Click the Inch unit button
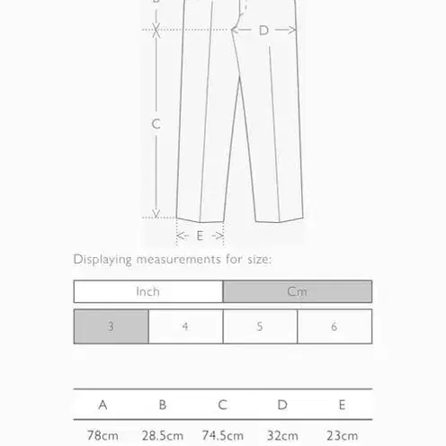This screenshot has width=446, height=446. (148, 291)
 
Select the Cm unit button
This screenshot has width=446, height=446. (297, 291)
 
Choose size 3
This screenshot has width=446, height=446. (111, 326)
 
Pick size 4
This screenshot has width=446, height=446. (185, 326)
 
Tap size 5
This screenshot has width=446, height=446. (260, 326)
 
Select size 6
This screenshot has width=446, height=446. (334, 326)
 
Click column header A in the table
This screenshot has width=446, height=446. (103, 405)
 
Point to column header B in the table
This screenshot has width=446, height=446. (163, 405)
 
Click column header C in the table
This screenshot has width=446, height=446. (222, 405)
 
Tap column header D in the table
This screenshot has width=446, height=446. (282, 405)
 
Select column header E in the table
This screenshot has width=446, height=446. (342, 405)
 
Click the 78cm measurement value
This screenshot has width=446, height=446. (103, 436)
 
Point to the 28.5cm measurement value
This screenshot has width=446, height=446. (163, 436)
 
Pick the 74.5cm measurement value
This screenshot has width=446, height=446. (222, 436)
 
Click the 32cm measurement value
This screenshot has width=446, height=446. (282, 436)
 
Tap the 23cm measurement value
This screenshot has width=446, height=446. (342, 436)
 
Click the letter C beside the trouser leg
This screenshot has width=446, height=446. (156, 124)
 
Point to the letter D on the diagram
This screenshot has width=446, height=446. (263, 31)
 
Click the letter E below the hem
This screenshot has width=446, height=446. (200, 236)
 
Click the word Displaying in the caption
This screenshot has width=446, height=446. (102, 260)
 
